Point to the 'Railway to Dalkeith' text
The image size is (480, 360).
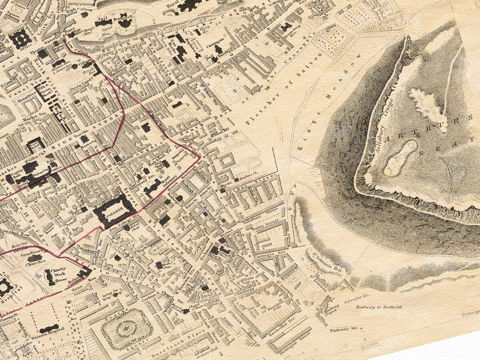tap(379, 307)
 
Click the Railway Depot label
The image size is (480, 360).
tap(331, 308)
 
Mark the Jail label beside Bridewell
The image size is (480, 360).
tap(101, 18)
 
